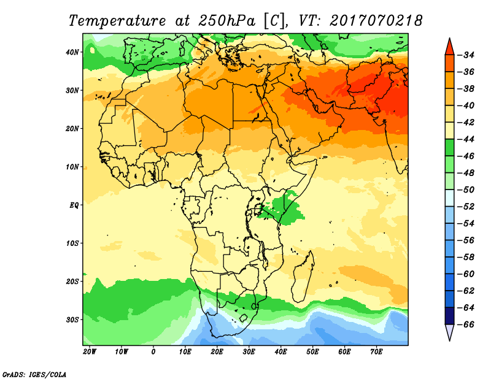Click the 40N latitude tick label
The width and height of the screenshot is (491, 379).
[72, 52]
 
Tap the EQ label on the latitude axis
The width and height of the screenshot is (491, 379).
[74, 205]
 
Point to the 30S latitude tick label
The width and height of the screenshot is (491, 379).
[72, 320]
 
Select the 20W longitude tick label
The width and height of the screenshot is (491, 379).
[90, 352]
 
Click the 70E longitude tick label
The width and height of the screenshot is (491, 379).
[376, 352]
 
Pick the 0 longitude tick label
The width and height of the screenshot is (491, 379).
[153, 352]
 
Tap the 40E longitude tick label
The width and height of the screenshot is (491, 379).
[280, 352]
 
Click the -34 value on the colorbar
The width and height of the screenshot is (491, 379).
[466, 55]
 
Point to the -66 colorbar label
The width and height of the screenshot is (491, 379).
[466, 324]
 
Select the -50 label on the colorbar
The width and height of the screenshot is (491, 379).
[466, 190]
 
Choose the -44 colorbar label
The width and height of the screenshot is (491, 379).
[466, 139]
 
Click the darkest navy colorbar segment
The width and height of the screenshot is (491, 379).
[449, 316]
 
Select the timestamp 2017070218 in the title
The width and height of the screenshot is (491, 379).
[376, 21]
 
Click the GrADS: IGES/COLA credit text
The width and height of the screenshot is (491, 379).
[34, 375]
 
